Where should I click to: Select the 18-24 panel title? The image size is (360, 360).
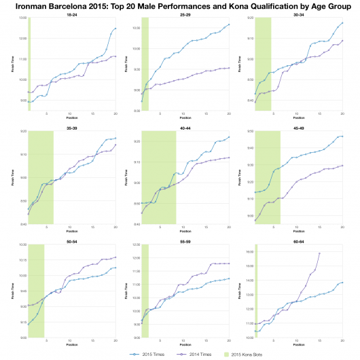tap(71, 14)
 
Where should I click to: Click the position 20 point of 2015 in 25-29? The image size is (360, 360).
tap(229, 24)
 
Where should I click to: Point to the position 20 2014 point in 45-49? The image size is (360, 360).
tap(342, 165)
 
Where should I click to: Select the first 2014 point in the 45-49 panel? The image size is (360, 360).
tap(255, 221)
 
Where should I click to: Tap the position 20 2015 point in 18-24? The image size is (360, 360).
tap(115, 29)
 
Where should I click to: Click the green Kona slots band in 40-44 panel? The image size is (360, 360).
tap(158, 177)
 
